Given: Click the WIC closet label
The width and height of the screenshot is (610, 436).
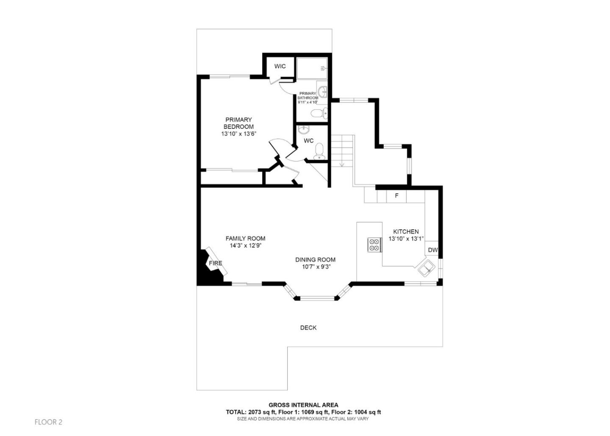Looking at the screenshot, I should click(x=280, y=67).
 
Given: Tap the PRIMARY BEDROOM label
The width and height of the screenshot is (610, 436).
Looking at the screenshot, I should click(x=238, y=123).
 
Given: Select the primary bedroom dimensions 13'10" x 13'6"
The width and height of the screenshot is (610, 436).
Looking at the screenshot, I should click(x=238, y=134).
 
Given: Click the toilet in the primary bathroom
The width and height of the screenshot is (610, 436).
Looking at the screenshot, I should click(x=318, y=113).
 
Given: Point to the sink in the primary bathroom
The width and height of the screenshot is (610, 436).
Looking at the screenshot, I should click(x=323, y=91).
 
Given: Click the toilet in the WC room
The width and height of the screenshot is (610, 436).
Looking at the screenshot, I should click(x=319, y=150).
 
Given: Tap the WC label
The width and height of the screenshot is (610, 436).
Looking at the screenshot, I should click(x=308, y=141).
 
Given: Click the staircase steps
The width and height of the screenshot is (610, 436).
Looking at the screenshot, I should click(x=342, y=150).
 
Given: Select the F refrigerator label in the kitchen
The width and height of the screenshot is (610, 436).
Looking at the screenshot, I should click(x=396, y=196).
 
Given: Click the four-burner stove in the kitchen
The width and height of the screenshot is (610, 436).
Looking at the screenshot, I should click(x=374, y=245).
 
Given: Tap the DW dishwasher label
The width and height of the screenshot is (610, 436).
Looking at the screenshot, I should click(x=433, y=250).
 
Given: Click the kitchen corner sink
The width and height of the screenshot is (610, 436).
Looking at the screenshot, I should click(x=426, y=268).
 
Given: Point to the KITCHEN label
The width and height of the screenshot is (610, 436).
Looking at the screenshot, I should click(x=406, y=232).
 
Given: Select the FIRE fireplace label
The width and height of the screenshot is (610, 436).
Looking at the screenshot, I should click(x=215, y=263).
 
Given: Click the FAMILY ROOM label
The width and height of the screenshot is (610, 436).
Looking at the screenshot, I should click(x=245, y=239).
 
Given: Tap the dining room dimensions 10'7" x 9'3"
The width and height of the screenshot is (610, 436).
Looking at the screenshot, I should click(x=315, y=267).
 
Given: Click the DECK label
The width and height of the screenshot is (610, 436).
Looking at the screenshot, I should click(x=308, y=328).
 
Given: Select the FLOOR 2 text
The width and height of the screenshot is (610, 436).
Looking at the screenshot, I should click(x=48, y=422).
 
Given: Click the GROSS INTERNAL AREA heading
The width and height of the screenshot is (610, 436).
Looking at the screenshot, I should click(x=303, y=405).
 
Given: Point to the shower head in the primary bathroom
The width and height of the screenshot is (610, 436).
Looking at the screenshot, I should click(x=324, y=68).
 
